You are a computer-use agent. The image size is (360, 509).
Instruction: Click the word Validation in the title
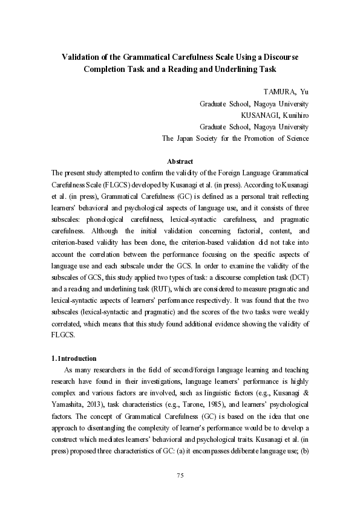pos(83,57)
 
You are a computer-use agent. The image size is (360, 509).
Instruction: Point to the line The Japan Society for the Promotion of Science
pos(235,138)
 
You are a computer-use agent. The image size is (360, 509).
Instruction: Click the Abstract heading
pos(180,161)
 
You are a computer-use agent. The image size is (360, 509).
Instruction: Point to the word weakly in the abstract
pos(295,313)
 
